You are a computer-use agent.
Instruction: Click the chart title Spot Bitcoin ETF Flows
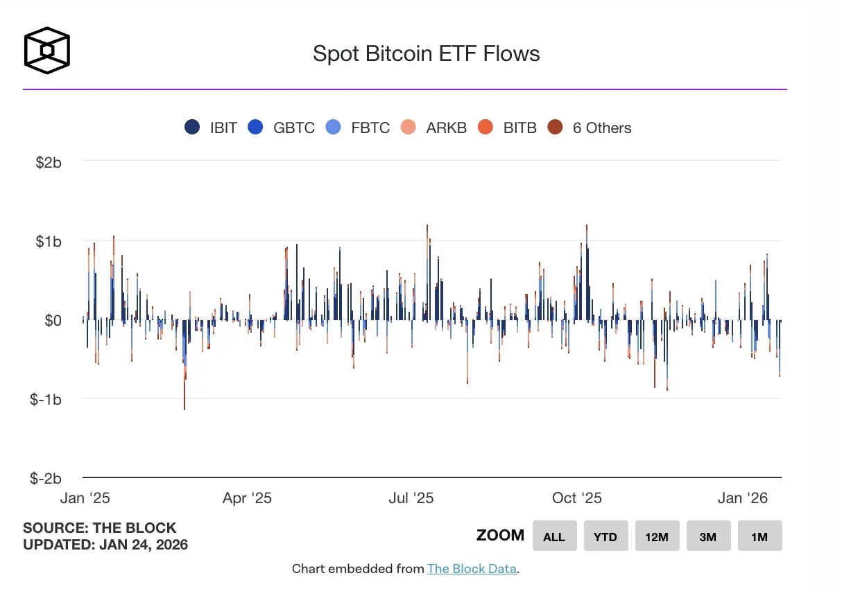[426, 53]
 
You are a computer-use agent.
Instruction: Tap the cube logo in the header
[47, 50]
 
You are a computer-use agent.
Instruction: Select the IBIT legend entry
[212, 128]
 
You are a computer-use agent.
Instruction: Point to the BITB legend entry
[508, 128]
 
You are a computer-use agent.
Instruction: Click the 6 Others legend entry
[590, 128]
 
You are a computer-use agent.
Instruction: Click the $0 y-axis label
[53, 321]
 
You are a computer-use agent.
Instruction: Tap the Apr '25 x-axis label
[248, 498]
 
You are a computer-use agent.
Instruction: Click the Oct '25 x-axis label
[578, 498]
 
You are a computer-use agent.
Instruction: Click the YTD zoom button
[605, 536]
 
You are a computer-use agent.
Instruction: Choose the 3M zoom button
[708, 536]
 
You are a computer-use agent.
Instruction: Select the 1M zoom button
[759, 536]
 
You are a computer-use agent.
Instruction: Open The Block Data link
[472, 569]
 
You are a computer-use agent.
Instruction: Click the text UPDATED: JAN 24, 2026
[105, 545]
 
